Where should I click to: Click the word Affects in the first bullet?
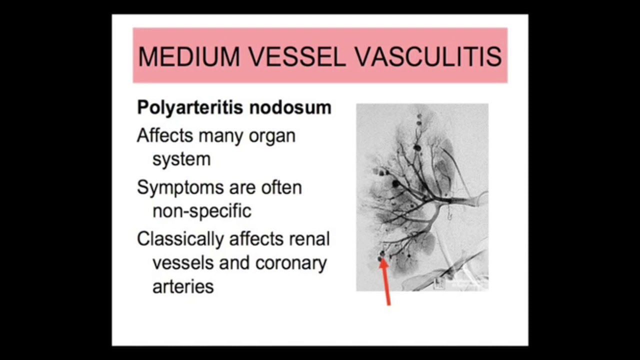165,135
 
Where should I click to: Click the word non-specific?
201,211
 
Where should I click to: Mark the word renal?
309,238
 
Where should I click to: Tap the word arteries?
183,287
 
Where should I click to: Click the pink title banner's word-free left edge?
135,55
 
